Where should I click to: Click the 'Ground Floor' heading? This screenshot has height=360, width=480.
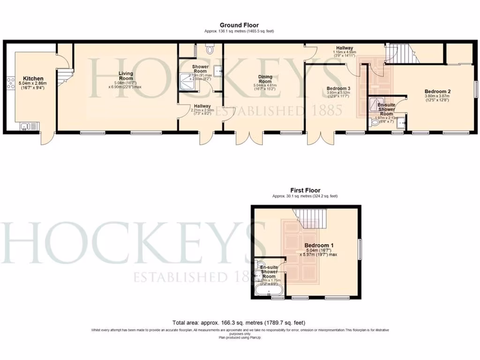point(239,25)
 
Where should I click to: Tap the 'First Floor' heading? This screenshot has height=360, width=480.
point(305,190)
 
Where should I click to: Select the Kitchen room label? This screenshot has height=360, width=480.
point(34,79)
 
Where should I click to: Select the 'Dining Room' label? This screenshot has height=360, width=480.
point(265,79)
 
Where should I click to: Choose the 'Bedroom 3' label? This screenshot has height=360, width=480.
point(338,89)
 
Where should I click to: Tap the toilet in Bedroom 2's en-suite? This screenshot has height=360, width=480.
point(374,123)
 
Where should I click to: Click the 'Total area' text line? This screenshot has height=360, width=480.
point(240,323)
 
